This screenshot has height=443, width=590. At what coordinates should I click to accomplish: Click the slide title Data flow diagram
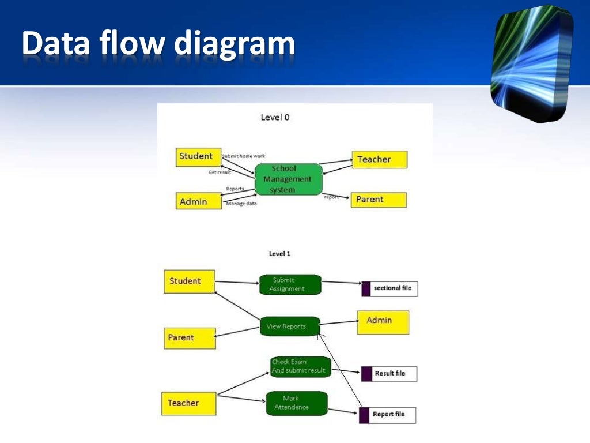click(x=158, y=44)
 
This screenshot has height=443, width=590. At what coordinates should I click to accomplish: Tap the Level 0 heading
click(x=275, y=117)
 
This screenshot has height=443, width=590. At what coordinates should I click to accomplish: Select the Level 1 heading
click(x=279, y=253)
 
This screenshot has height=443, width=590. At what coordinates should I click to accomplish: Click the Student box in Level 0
click(x=198, y=157)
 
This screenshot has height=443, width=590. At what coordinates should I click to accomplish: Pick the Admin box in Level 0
click(x=198, y=201)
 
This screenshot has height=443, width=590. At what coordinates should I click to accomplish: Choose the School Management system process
click(x=288, y=179)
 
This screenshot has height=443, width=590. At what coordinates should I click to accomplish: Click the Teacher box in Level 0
click(x=379, y=159)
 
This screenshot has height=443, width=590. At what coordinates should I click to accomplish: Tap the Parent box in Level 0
click(x=378, y=200)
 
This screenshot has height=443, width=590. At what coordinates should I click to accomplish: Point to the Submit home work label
click(x=243, y=156)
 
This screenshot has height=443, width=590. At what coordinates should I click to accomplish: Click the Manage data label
click(x=241, y=204)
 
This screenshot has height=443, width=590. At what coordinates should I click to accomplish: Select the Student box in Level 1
click(x=189, y=281)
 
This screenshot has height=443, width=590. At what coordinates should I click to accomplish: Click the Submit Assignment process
click(x=290, y=284)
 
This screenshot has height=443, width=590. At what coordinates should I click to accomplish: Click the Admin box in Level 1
click(x=383, y=322)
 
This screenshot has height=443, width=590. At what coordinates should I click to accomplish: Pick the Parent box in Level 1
click(x=190, y=337)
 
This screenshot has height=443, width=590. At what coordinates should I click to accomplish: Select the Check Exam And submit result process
click(x=300, y=366)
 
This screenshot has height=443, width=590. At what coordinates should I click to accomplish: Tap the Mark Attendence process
click(x=296, y=403)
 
